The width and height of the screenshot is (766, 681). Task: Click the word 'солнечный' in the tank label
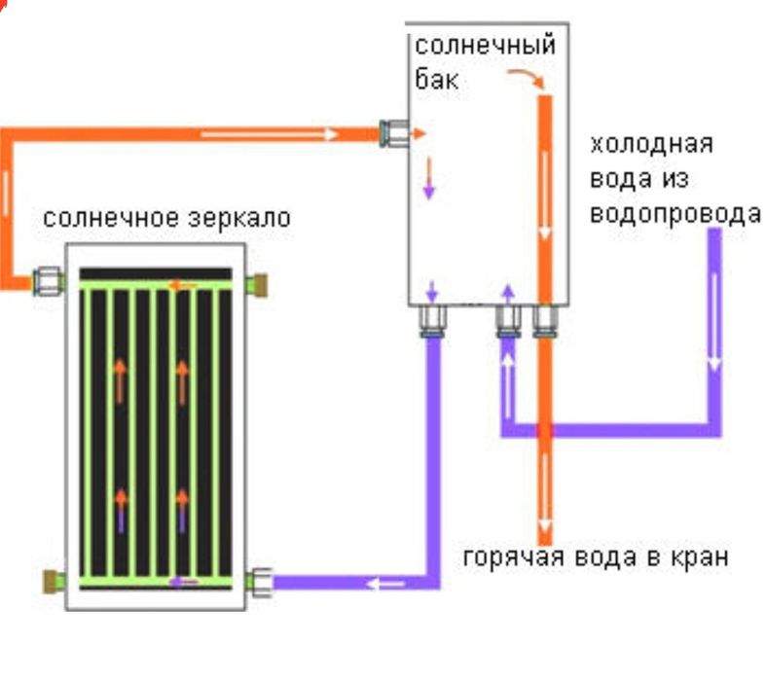coord(486,46)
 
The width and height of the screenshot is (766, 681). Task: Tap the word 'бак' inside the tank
coord(437,79)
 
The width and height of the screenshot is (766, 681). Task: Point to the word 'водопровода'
coord(675,213)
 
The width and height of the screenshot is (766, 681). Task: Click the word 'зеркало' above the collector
coord(240,217)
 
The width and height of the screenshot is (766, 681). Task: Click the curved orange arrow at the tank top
coord(525,79)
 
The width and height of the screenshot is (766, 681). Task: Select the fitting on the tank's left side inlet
coord(394,133)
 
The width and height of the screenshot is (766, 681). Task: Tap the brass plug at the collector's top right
coord(258,284)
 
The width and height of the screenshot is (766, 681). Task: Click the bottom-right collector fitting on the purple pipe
coord(258,582)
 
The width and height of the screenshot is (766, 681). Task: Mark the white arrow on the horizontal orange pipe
coord(270,134)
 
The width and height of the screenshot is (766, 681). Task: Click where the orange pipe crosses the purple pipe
coord(544,429)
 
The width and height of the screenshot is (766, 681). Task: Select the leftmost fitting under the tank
coord(433,320)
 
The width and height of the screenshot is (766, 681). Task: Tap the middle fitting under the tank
coord(507,320)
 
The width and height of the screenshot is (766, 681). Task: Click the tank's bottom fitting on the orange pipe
coord(544,320)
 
